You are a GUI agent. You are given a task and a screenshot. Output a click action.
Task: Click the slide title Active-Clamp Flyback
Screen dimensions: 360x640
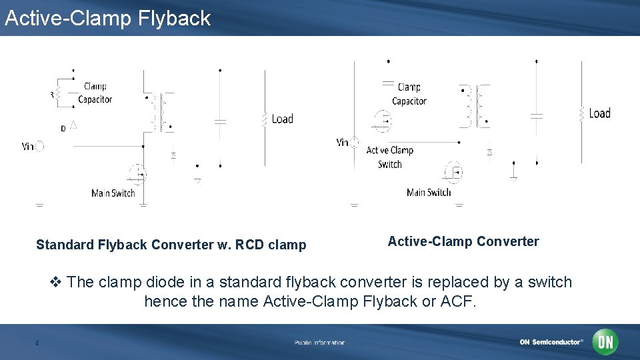pyautogui.click(x=107, y=18)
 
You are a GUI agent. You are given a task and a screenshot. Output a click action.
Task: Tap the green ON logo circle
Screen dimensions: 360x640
pyautogui.click(x=605, y=342)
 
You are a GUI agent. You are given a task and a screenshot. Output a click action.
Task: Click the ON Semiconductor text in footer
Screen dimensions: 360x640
pyautogui.click(x=551, y=342)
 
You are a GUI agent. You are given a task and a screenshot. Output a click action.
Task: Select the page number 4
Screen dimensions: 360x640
pyautogui.click(x=37, y=343)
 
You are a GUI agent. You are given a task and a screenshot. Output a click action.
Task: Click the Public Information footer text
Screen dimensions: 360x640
pyautogui.click(x=319, y=343)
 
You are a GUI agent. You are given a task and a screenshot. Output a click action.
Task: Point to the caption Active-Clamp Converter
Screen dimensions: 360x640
pyautogui.click(x=463, y=241)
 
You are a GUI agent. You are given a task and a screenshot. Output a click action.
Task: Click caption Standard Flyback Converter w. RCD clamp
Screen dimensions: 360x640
pyautogui.click(x=171, y=245)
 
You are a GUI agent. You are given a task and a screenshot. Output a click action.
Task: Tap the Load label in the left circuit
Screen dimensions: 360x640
pyautogui.click(x=282, y=119)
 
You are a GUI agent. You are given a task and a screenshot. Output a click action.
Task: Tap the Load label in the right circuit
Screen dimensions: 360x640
pyautogui.click(x=599, y=113)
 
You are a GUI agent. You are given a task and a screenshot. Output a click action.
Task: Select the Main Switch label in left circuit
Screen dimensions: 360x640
pyautogui.click(x=113, y=193)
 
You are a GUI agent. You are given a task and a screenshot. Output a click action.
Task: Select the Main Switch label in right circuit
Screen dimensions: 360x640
pyautogui.click(x=429, y=193)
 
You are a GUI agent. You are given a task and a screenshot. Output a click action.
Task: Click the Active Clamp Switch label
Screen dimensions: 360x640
pyautogui.click(x=390, y=157)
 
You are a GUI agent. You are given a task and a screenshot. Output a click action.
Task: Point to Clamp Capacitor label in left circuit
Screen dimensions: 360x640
pyautogui.click(x=95, y=93)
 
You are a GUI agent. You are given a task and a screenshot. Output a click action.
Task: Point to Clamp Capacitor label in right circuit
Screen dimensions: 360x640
pyautogui.click(x=409, y=94)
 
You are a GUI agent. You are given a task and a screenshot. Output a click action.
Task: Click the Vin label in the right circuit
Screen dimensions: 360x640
pyautogui.click(x=343, y=142)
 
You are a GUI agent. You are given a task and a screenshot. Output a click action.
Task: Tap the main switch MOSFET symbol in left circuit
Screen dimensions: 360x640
pyautogui.click(x=138, y=175)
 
